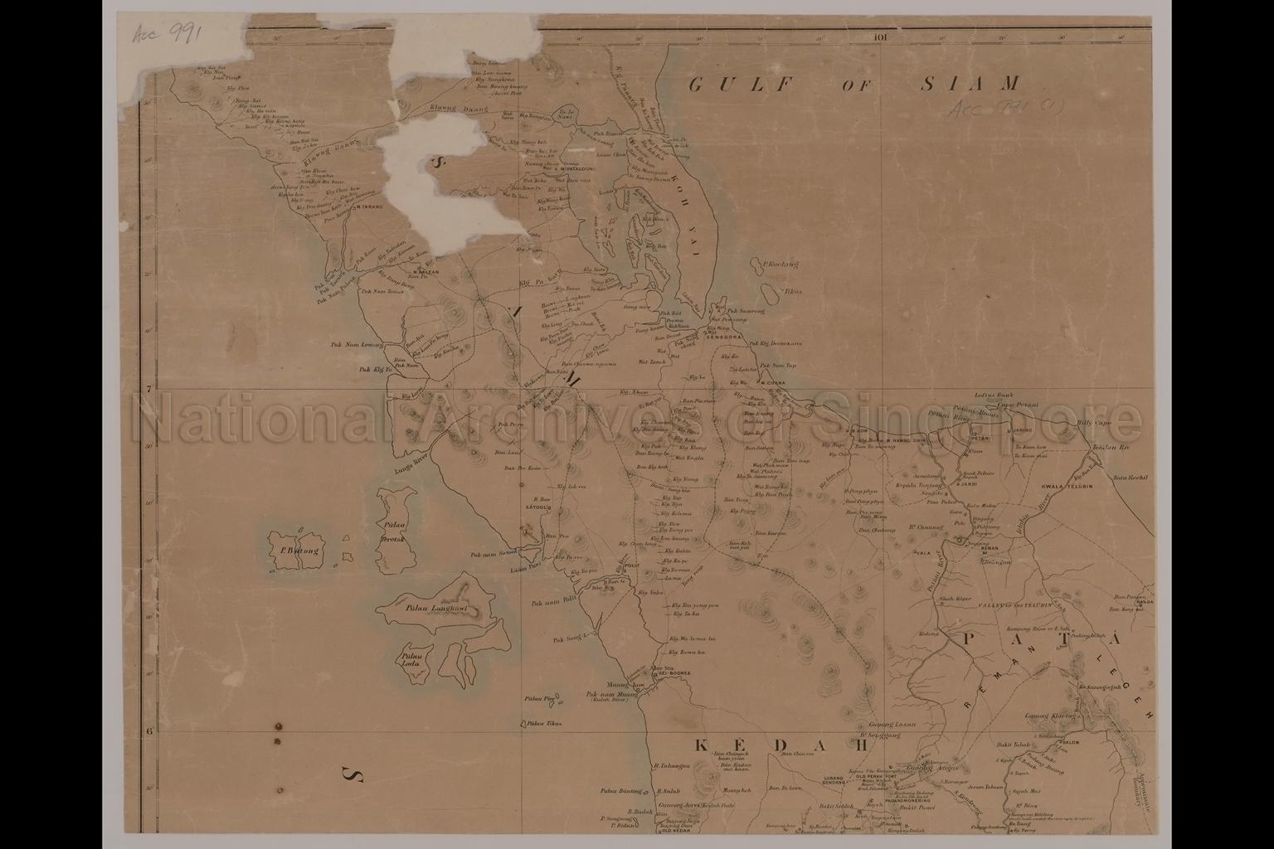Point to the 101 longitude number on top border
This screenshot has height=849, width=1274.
tap(880, 36)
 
